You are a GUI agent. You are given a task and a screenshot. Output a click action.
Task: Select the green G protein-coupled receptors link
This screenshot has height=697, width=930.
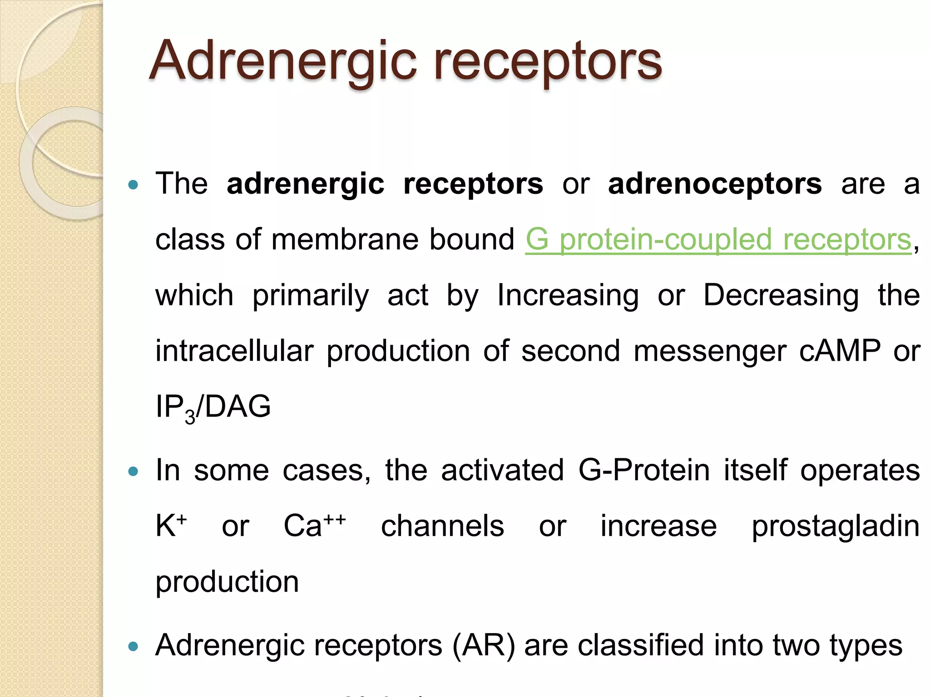(718, 240)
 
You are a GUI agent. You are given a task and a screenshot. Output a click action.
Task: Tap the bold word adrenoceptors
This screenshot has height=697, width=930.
(715, 184)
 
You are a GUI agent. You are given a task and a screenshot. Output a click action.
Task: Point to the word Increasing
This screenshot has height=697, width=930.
(568, 295)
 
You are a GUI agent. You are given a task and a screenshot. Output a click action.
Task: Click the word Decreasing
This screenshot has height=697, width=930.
(781, 295)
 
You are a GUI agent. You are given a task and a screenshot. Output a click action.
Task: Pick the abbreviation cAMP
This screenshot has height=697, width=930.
(840, 351)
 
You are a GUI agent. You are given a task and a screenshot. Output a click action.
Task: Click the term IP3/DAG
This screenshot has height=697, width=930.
(213, 407)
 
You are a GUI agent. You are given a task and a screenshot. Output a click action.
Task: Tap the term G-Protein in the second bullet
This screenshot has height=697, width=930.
(643, 470)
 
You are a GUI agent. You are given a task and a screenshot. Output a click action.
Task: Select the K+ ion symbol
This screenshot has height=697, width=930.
(171, 525)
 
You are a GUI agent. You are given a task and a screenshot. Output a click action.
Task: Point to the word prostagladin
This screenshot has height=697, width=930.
(835, 526)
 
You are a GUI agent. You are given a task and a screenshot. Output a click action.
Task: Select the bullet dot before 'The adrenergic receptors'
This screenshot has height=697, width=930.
(133, 185)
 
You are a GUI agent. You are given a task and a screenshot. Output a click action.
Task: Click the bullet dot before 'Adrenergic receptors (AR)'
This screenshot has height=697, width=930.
(133, 647)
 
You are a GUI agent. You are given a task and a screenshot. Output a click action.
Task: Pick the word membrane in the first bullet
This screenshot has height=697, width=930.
(345, 240)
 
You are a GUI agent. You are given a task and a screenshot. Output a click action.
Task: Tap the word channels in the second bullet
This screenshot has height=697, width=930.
(442, 526)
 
